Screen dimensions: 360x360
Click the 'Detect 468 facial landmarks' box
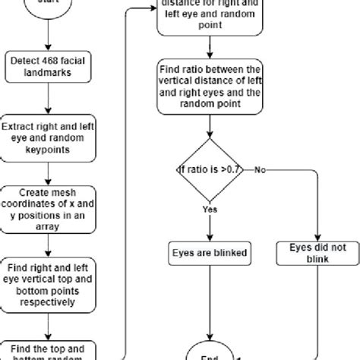coord(49,67)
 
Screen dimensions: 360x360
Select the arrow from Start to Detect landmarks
coord(49,34)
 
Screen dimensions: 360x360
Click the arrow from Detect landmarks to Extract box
coord(49,99)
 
